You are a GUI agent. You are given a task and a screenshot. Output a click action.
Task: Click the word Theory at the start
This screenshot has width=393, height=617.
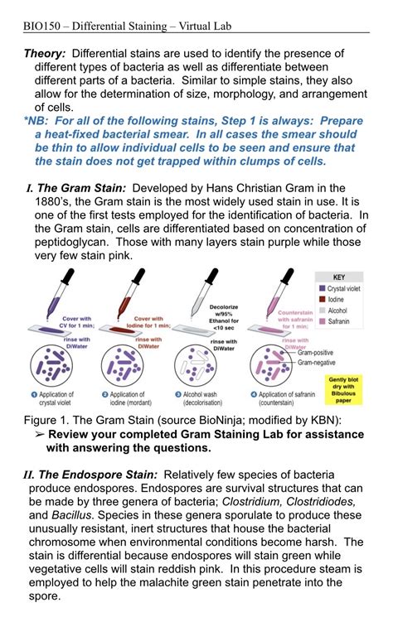pos(46,54)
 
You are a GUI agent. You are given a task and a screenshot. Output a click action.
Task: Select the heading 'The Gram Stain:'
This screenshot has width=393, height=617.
pos(80,188)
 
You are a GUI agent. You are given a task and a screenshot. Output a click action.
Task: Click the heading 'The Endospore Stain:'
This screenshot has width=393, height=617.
pos(97,475)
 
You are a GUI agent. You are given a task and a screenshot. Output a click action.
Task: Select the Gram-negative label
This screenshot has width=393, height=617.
pos(322,363)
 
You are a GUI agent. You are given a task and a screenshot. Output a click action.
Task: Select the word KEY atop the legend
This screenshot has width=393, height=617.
pos(338,277)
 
